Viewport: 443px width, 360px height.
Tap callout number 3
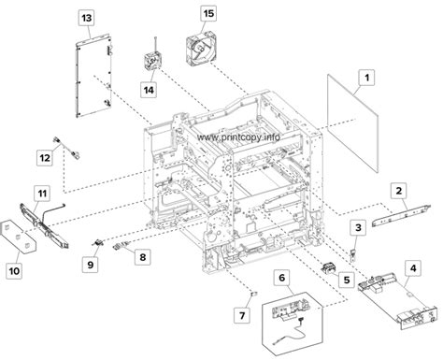click(357, 227)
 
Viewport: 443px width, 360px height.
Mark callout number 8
click(142, 256)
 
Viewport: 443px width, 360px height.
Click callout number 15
click(208, 15)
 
